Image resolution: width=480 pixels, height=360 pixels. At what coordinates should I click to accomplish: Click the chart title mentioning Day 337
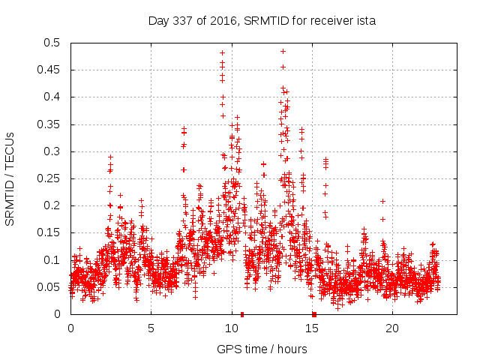(x=262, y=21)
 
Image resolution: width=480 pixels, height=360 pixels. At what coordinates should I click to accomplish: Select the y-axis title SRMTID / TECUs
(x=10, y=178)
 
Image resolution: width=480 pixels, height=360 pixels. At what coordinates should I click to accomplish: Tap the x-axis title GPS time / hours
(x=262, y=349)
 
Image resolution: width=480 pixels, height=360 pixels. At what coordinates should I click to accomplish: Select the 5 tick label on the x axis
(x=151, y=328)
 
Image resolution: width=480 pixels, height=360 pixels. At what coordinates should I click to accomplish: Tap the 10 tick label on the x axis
(x=231, y=328)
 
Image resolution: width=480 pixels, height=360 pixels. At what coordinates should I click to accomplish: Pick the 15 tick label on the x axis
(x=311, y=328)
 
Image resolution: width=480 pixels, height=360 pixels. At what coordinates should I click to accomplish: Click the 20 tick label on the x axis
(x=391, y=328)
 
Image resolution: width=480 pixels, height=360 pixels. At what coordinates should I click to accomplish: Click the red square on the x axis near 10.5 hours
(x=241, y=314)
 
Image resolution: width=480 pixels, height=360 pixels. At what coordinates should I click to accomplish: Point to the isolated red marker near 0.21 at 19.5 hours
(x=382, y=201)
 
